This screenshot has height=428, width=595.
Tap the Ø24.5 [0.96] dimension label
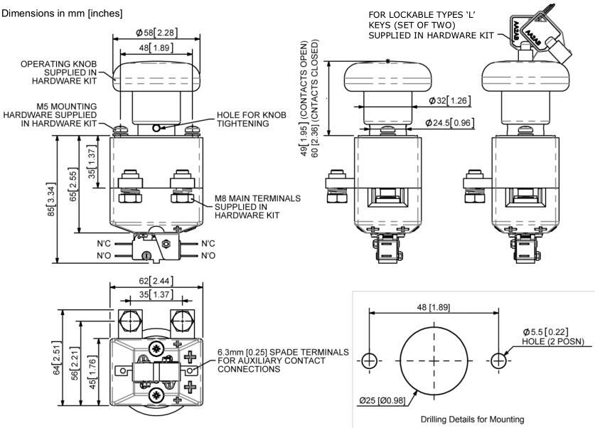[449, 123]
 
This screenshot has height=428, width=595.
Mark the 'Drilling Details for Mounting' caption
[471, 419]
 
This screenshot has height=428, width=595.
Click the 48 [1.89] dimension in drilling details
[432, 306]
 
